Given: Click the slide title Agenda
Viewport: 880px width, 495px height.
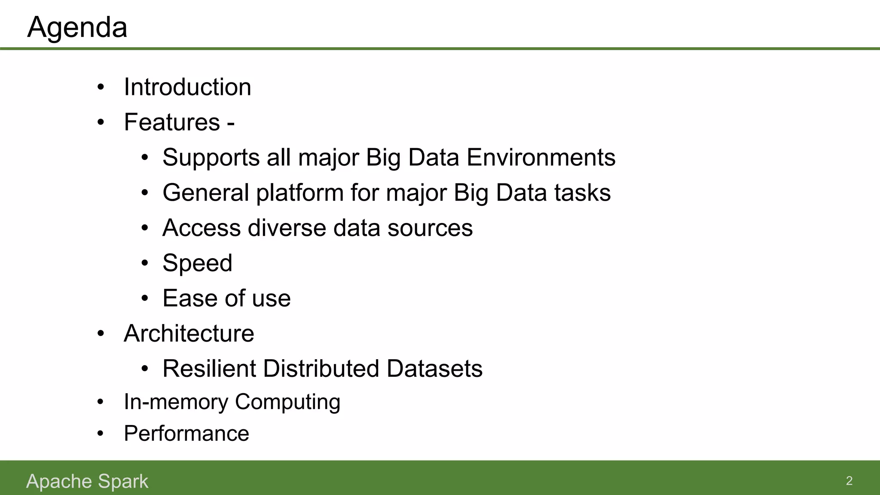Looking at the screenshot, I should [x=77, y=27].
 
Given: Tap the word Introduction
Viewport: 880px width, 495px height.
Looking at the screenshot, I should [x=187, y=87].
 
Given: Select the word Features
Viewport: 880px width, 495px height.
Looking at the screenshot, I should [x=172, y=122].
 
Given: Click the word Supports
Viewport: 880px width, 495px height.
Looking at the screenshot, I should [x=211, y=158].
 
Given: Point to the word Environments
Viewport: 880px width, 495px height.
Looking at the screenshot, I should [x=541, y=158].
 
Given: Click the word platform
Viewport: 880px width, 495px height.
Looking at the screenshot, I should [x=300, y=193].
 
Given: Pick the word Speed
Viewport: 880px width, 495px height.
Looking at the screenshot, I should [x=197, y=263].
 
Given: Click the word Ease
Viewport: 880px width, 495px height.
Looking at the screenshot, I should [x=185, y=298].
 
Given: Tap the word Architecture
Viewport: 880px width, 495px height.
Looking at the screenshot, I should [x=189, y=333].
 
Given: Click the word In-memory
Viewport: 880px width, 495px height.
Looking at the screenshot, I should [x=176, y=402].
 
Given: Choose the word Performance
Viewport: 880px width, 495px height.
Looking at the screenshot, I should [x=186, y=434].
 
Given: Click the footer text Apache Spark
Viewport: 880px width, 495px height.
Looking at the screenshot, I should [x=87, y=481].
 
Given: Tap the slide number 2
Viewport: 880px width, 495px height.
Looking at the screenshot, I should [x=849, y=481].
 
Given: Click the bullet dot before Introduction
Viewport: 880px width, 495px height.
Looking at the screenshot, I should [x=101, y=88].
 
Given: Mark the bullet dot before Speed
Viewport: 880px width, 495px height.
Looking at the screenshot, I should [x=145, y=263].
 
